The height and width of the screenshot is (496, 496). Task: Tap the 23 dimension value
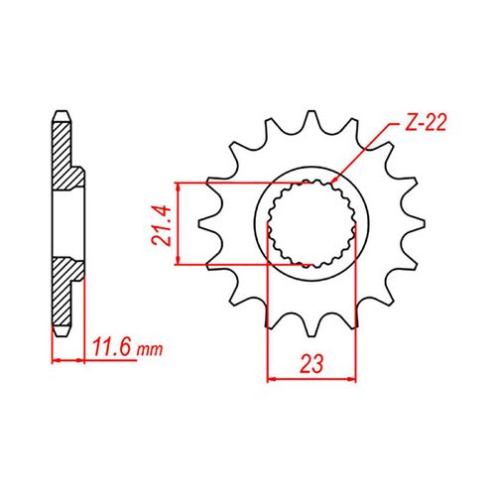(311, 364)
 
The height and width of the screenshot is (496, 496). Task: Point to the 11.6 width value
(110, 349)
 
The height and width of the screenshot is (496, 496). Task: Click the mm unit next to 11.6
(147, 351)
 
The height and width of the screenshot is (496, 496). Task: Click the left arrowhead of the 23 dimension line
(274, 379)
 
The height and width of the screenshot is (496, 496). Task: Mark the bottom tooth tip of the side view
(61, 335)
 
